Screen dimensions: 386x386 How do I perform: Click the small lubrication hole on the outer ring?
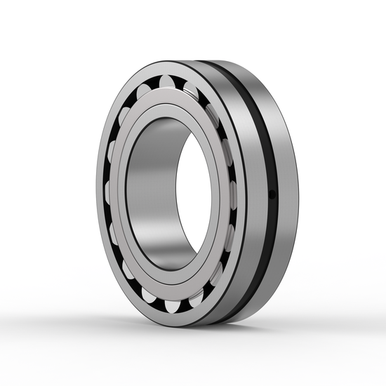click(x=273, y=194)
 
